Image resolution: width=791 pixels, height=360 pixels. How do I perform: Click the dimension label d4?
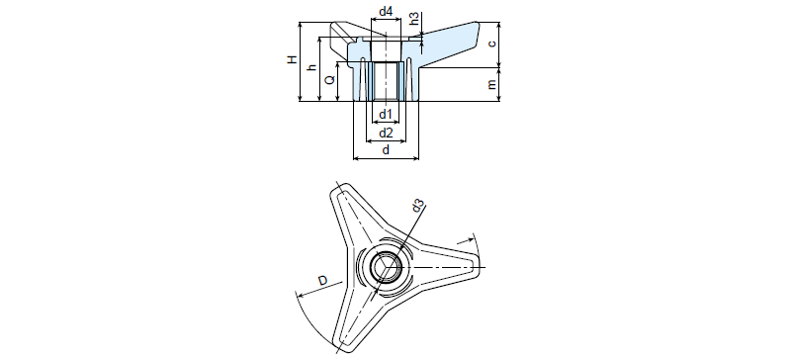[386, 11]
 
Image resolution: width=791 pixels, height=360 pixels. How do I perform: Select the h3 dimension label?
[414, 19]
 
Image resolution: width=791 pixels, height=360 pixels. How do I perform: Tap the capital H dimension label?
[292, 60]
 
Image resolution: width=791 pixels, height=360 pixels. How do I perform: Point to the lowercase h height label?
[311, 67]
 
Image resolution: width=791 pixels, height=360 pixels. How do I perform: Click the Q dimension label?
[329, 80]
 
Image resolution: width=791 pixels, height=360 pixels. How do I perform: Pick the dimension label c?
[492, 44]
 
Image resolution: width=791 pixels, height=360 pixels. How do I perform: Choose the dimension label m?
[492, 84]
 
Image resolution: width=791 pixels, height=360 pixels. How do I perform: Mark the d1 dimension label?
[386, 114]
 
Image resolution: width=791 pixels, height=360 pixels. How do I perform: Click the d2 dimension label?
[386, 133]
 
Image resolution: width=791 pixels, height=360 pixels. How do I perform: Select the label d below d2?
[386, 150]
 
